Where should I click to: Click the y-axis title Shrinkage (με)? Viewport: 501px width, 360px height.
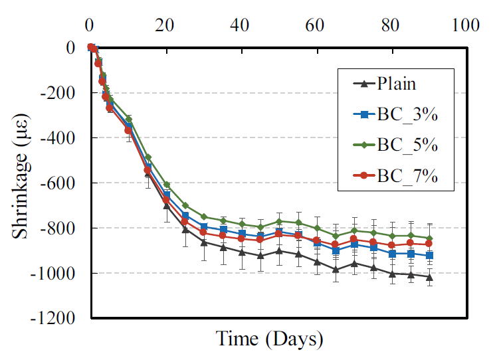pyautogui.click(x=21, y=183)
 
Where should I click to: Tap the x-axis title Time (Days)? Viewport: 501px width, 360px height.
pyautogui.click(x=269, y=339)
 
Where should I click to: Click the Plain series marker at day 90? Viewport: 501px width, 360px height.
pyautogui.click(x=429, y=277)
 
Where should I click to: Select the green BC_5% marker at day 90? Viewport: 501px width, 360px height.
pyautogui.click(x=429, y=238)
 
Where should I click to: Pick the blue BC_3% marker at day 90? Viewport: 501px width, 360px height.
pyautogui.click(x=429, y=255)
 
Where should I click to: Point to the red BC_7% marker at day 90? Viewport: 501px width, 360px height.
pyautogui.click(x=429, y=244)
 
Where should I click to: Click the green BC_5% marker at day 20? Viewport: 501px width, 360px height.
pyautogui.click(x=166, y=184)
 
